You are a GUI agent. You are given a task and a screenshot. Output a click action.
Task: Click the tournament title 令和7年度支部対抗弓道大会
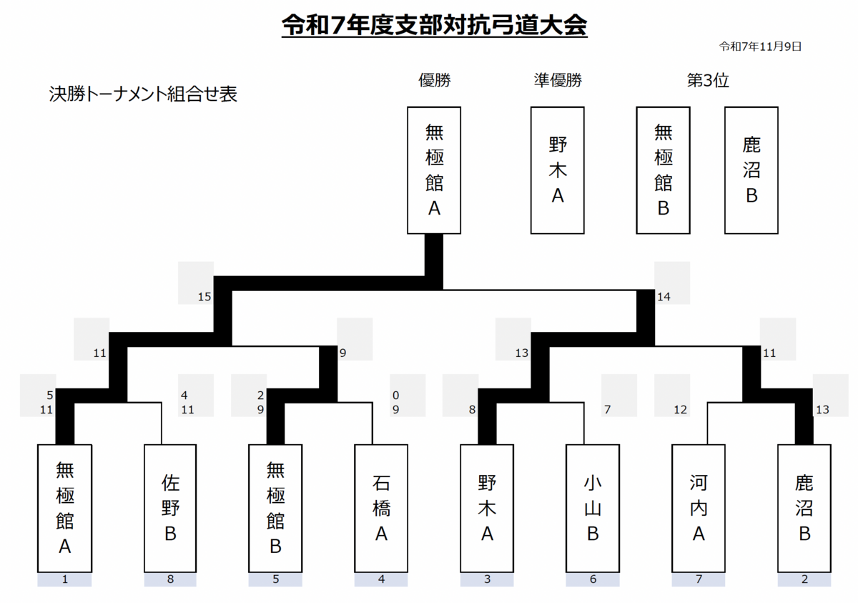tap(434, 26)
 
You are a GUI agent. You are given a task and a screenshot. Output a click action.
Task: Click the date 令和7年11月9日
tap(759, 46)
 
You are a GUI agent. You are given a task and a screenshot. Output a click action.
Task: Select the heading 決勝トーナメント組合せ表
tap(143, 94)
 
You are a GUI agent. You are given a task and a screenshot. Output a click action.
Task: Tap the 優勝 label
tap(434, 80)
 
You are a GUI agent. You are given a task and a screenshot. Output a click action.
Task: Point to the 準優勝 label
tap(558, 80)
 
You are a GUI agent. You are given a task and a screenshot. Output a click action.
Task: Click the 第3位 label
tap(707, 80)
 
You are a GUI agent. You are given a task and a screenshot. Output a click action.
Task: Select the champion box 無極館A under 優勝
tap(434, 170)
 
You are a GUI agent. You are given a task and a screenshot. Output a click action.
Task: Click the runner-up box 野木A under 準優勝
tap(558, 170)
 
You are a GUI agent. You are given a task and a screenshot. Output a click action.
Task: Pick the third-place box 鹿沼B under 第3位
tap(751, 170)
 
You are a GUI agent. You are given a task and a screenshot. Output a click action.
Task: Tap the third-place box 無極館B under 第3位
tap(663, 170)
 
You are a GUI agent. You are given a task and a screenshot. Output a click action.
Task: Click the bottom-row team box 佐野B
tap(170, 508)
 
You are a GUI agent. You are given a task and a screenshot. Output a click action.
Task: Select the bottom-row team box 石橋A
tap(381, 508)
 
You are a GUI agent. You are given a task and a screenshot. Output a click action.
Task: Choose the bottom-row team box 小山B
tap(593, 508)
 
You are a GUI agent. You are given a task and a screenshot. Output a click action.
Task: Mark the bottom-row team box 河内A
tap(699, 508)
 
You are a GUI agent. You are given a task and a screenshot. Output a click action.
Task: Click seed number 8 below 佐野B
tap(170, 580)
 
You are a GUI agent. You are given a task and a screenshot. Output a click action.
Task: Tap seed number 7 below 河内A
tap(699, 580)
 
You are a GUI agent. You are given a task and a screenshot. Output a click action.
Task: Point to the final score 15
tap(204, 296)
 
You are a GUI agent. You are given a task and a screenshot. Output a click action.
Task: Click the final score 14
tap(664, 296)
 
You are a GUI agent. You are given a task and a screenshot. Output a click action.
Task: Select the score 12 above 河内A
tap(680, 410)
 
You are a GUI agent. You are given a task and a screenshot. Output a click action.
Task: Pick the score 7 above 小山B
tap(608, 410)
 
